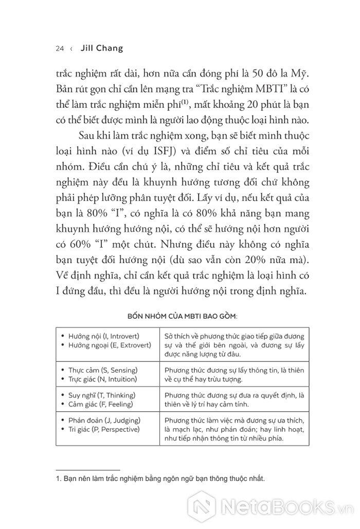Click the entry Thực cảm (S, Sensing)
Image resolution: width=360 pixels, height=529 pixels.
[103, 370]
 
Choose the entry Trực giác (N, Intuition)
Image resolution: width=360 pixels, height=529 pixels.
[103, 379]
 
